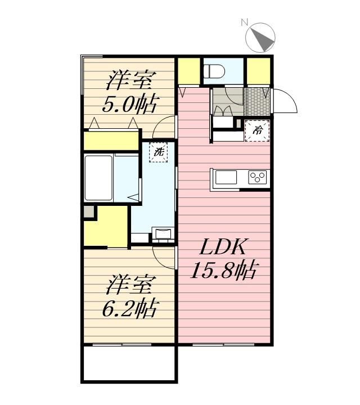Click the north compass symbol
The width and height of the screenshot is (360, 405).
tap(260, 37)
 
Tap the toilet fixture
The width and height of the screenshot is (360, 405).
tap(214, 71)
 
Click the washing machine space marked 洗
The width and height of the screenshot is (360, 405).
tap(159, 151)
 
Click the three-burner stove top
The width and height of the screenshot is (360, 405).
tap(258, 178)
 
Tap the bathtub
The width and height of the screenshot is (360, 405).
tap(100, 177)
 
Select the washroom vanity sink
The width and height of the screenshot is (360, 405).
tap(163, 233)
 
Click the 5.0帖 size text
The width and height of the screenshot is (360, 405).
tap(129, 103)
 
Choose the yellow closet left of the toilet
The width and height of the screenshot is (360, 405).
tap(189, 71)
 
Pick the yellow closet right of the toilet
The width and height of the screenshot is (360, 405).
tap(259, 71)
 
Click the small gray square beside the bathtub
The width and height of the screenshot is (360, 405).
tap(89, 212)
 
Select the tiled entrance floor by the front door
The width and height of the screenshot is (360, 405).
tap(258, 101)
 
